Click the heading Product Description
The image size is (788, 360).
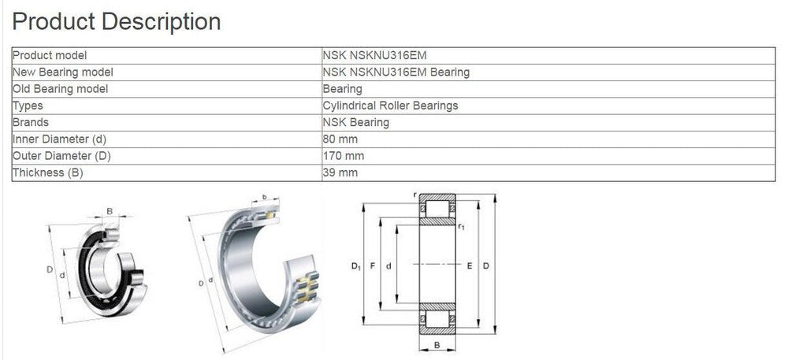pos(117,21)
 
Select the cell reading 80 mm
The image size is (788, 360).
pos(340,139)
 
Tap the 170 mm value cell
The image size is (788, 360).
pos(344,156)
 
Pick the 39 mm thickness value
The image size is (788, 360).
pos(340,173)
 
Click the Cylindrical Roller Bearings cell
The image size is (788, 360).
pos(390,106)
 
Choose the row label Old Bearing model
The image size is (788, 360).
pos(61,89)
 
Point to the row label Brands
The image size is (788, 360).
pos(32,122)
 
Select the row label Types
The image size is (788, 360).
pos(28,106)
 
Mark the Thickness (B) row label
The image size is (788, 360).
pos(48,173)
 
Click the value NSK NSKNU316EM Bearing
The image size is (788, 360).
pos(396,72)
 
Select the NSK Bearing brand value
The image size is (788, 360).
pos(355,122)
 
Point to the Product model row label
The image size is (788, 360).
pos(50,56)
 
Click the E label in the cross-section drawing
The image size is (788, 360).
pos(469,266)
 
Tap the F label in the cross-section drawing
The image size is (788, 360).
pos(373,266)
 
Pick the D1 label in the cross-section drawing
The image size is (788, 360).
pos(355,266)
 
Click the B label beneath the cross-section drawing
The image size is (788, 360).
pos(437,346)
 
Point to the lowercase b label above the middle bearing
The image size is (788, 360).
pos(265,196)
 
